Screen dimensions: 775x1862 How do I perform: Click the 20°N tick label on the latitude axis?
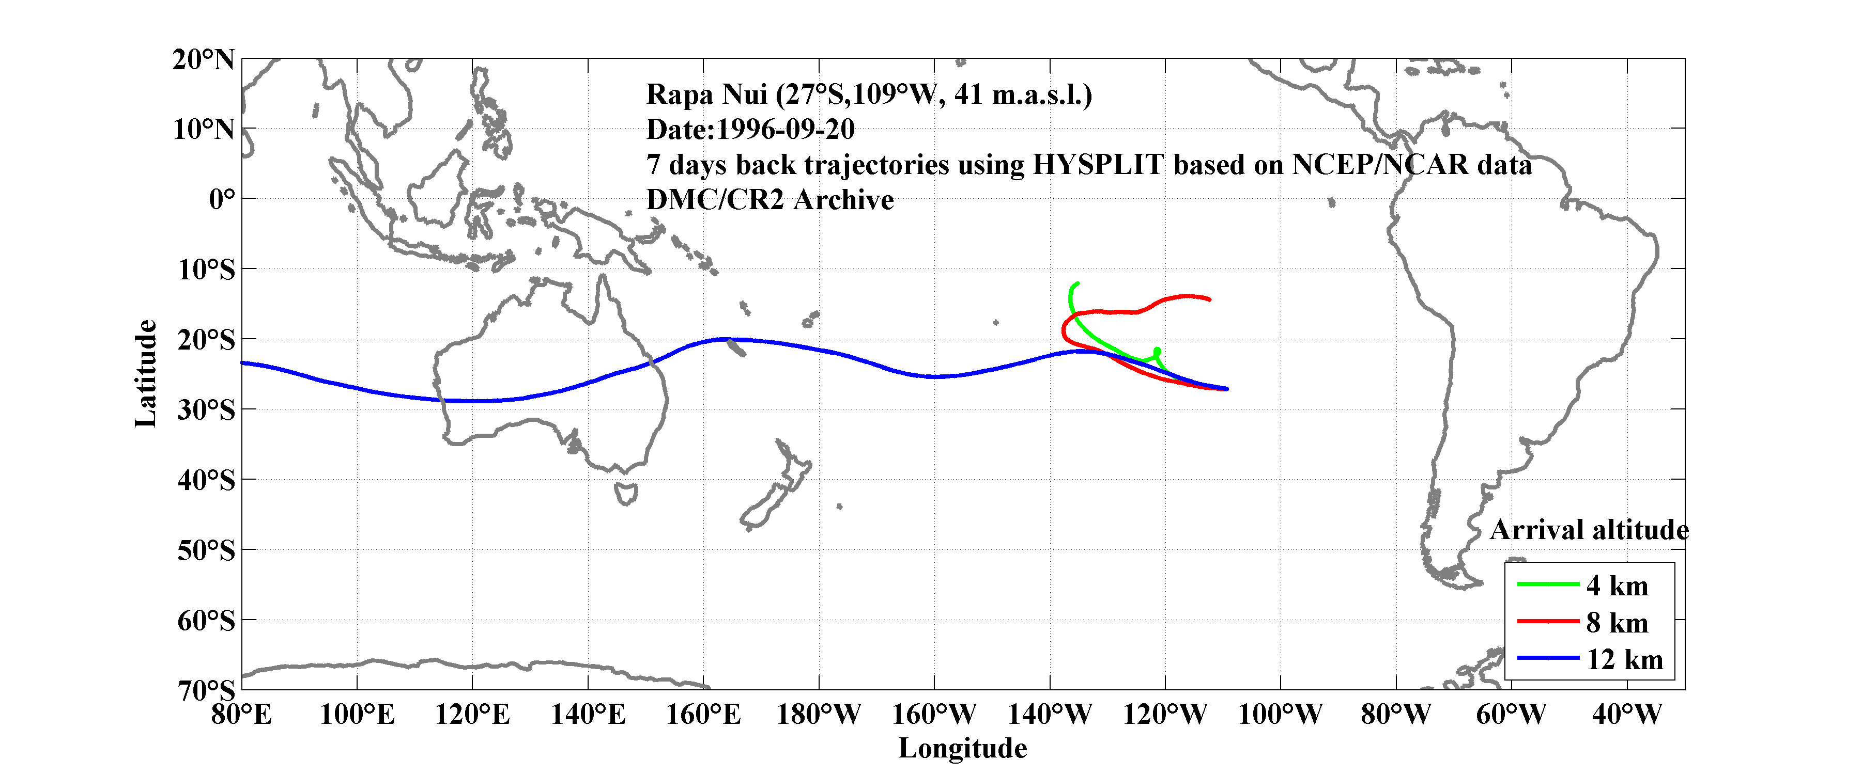tap(203, 60)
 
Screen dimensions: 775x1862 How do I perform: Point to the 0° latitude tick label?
tap(221, 199)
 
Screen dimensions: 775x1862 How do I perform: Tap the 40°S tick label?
tap(206, 480)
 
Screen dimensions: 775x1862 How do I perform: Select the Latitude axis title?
tap(145, 373)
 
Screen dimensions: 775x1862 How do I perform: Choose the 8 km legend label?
tap(1617, 623)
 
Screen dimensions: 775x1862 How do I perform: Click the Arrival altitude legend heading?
tap(1589, 530)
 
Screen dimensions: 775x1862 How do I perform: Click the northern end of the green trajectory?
tap(1078, 283)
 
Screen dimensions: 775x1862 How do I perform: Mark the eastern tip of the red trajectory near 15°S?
tap(1209, 299)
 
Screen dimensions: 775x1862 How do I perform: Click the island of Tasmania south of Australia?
tap(626, 494)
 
